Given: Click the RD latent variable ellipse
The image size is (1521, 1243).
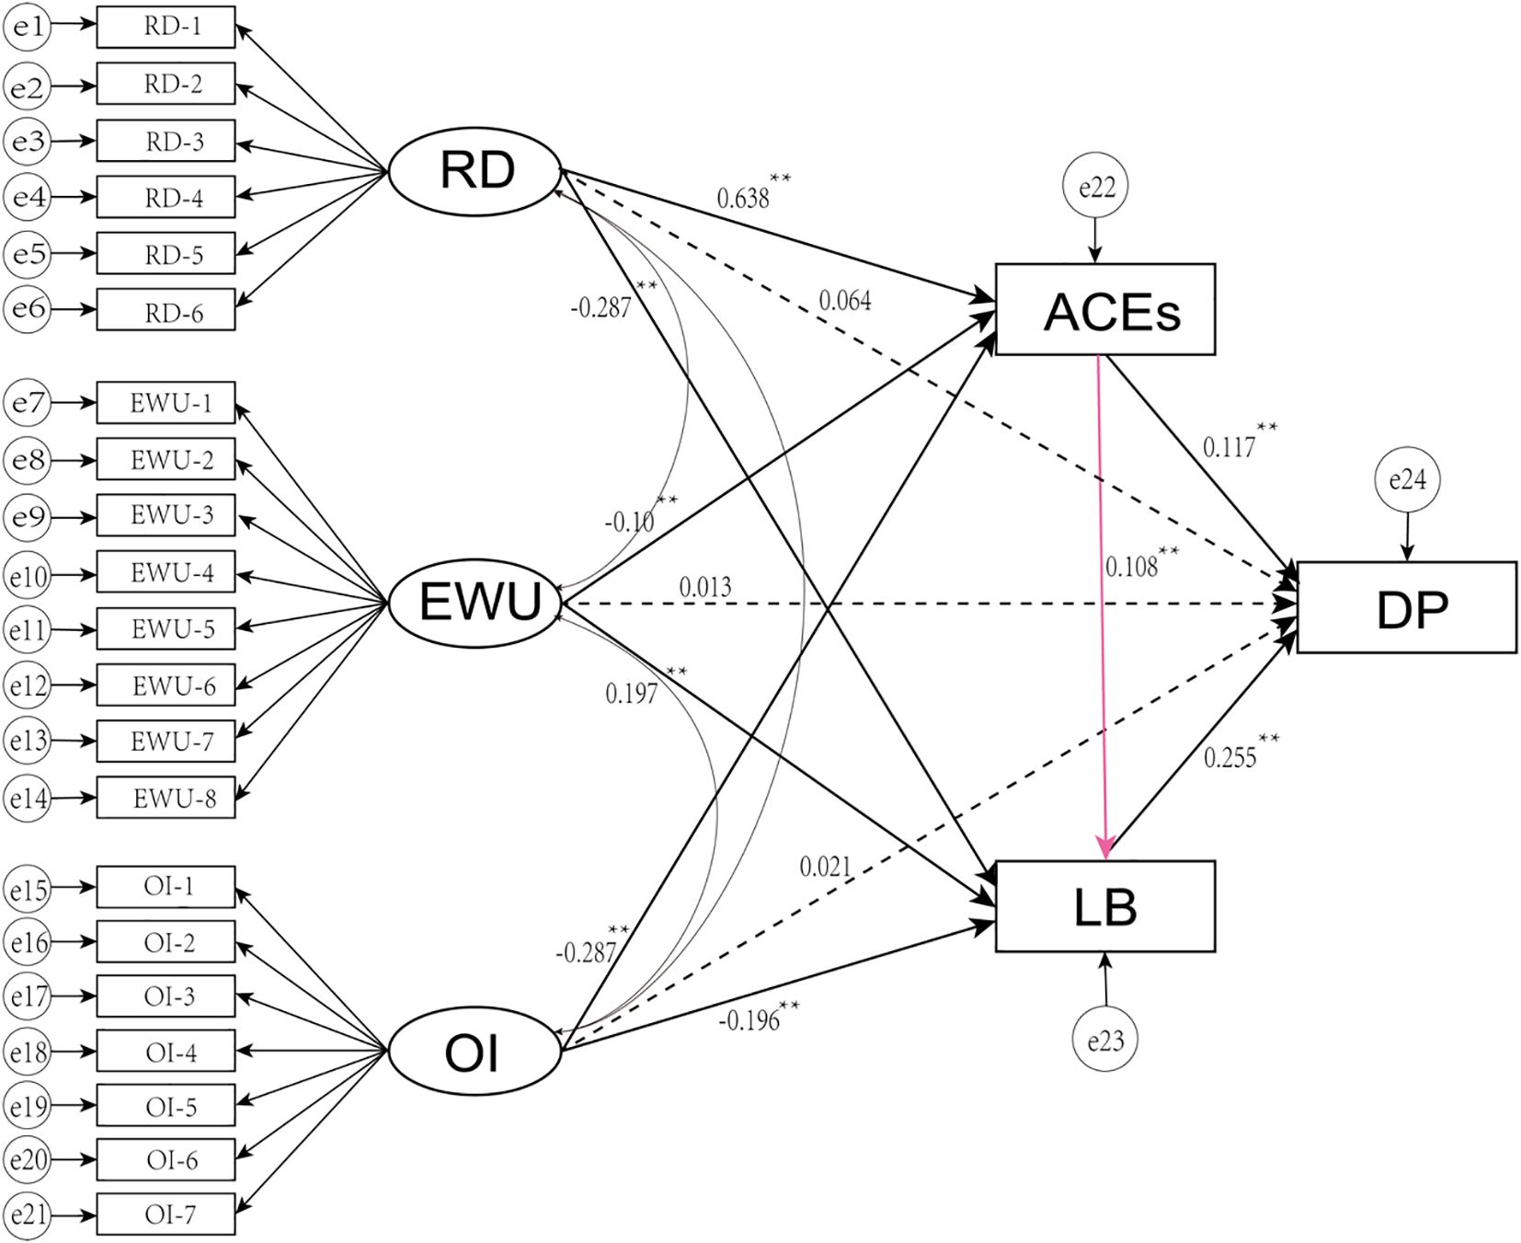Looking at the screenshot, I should tap(475, 170).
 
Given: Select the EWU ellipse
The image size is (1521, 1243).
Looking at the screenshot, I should tap(475, 603).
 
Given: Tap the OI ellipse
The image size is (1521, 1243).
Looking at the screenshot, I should tap(475, 1053).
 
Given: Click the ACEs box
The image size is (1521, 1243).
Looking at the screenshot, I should tap(1104, 309).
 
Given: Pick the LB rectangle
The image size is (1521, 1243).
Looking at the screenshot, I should tap(1104, 906).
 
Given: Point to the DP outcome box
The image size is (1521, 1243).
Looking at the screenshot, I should tap(1406, 607).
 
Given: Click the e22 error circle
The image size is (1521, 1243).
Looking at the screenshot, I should tap(1095, 188).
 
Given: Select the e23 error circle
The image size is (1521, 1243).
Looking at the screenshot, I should tap(1105, 1041).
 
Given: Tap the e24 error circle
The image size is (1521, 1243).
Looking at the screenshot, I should tap(1407, 479).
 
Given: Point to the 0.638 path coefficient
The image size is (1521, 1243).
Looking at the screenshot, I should tap(743, 198).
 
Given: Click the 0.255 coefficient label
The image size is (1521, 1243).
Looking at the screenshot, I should tap(1229, 758).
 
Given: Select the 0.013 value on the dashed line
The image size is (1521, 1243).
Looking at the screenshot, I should tap(705, 587).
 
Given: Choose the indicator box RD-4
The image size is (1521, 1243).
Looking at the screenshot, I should tap(166, 197).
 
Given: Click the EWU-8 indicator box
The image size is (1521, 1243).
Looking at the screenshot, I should tap(166, 797).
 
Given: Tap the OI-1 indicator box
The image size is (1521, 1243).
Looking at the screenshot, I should tap(166, 887).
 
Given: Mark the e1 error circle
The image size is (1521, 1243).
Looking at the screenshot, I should tap(28, 28).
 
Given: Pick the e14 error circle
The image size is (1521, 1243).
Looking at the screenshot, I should tap(28, 798).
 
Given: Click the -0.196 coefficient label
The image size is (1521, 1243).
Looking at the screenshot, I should tap(749, 1021).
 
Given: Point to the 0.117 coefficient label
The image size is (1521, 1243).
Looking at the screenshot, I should tap(1229, 448).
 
